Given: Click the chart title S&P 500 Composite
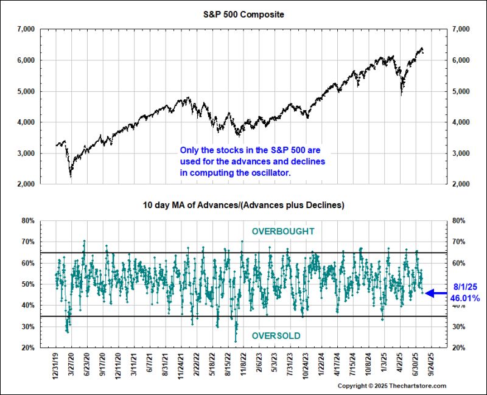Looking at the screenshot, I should point(243,13).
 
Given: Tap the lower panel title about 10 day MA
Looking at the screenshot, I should point(243,205).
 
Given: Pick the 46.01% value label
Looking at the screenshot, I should point(464,298).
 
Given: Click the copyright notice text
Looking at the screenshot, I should point(391,386).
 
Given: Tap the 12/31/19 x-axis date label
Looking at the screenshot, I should point(56,365).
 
